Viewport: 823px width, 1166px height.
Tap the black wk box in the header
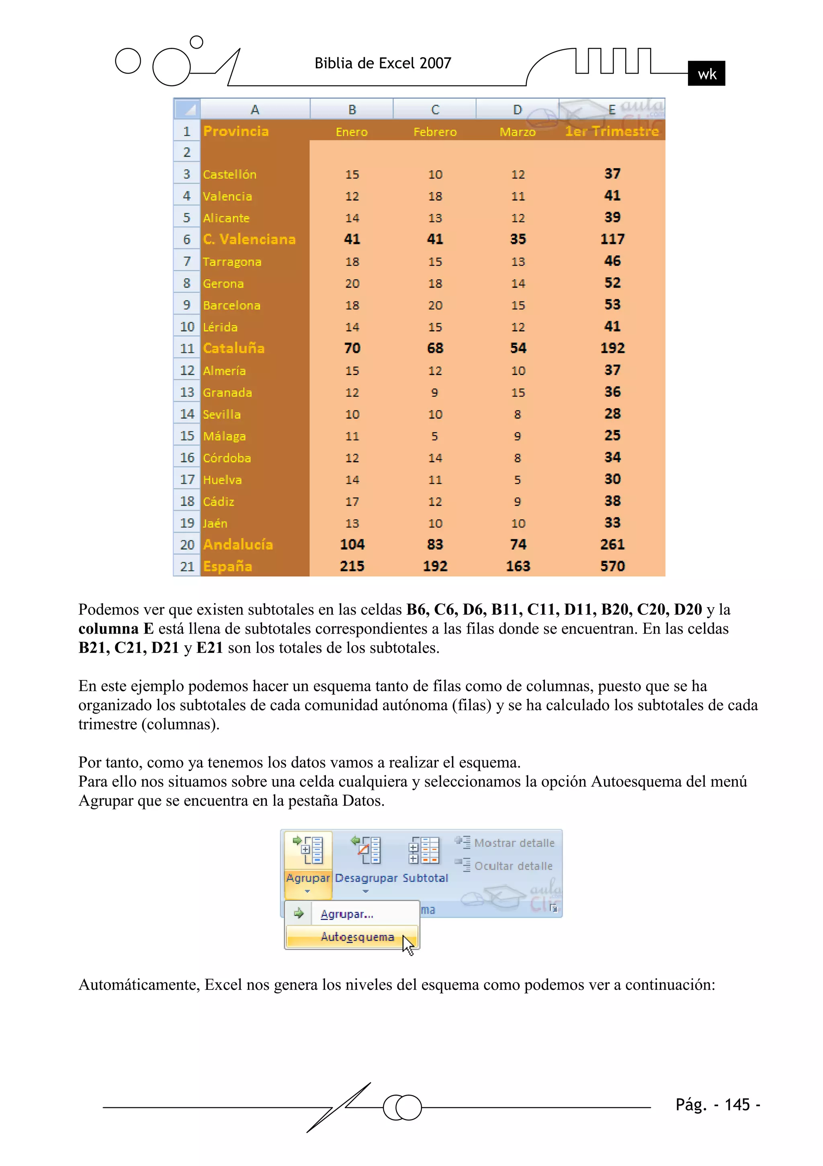pos(706,74)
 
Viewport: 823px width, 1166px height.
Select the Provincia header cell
pos(236,131)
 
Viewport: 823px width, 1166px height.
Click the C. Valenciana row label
pos(249,239)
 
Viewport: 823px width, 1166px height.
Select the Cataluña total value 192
pos(612,348)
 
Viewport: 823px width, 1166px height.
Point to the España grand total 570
pos(612,566)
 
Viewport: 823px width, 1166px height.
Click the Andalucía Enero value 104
pos(352,544)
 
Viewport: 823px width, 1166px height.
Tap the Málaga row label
pos(224,436)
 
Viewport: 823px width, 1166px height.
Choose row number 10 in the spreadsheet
pos(187,327)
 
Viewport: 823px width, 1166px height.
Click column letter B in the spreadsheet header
pos(352,110)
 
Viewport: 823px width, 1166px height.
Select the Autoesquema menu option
pos(357,937)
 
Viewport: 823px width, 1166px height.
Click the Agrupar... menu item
pos(347,914)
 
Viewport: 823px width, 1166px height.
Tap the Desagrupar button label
pos(366,878)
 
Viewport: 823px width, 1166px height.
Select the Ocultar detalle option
pos(513,866)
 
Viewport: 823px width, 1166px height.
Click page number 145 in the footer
pos(737,1104)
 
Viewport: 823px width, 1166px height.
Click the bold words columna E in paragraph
pos(116,629)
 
